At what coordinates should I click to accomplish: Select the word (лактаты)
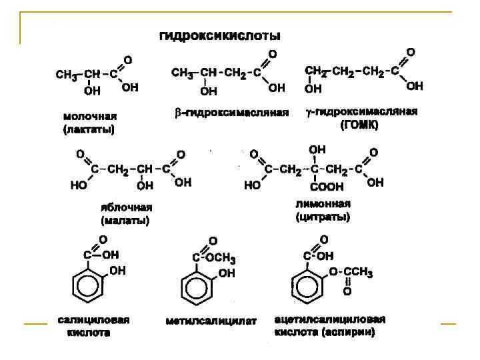pos(90,129)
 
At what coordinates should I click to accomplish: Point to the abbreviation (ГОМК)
pos(359,125)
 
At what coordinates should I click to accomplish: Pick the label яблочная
pos(127,207)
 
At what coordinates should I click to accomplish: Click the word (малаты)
pos(126,220)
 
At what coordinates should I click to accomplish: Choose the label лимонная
pos(323,204)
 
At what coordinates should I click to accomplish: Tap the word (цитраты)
pos(323,217)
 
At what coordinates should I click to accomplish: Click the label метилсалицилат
pos(211,321)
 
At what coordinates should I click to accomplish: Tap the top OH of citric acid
pos(318,149)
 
